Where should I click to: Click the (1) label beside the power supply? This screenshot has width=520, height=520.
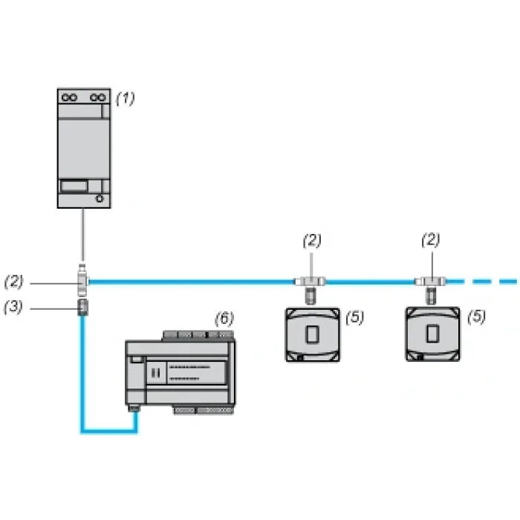pos(126,99)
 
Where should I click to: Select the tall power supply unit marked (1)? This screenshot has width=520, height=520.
pos(84,149)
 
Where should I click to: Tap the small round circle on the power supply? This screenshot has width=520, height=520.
pos(100,198)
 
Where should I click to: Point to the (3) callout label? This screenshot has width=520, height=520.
pos(13,307)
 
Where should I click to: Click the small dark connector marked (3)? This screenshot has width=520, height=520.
pos(83,307)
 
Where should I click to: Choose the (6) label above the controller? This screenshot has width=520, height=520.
pos(224,319)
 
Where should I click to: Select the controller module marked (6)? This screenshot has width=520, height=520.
pos(181,372)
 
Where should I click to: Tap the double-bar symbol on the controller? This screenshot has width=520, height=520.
pos(155,374)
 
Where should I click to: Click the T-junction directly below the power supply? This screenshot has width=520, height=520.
pos(82,281)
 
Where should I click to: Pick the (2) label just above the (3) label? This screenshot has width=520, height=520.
pos(14,282)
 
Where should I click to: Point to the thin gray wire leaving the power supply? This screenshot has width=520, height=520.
pos(83,235)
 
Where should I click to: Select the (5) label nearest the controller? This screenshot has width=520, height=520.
pos(355,317)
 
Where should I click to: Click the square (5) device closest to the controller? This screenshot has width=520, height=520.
pos(313,334)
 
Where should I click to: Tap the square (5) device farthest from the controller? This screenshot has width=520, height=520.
pos(433,334)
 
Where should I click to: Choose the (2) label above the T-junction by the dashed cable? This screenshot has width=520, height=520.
pos(431,240)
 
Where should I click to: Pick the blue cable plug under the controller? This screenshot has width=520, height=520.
pos(134,408)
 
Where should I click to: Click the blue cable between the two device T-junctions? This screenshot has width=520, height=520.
pos(371,282)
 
